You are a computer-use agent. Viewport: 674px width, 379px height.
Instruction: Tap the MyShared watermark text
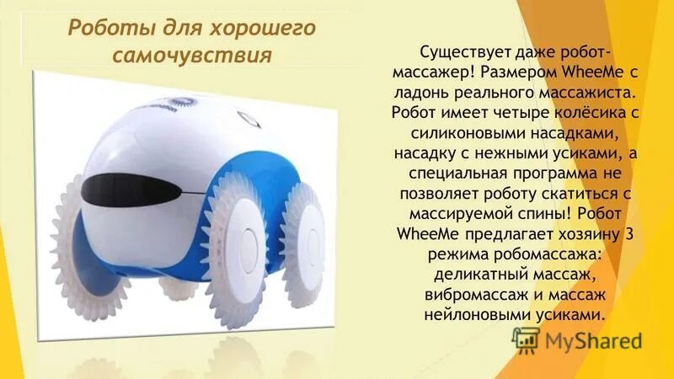pyautogui.click(x=593, y=342)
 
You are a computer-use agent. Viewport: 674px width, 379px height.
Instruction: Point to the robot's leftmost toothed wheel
pyautogui.click(x=80, y=236)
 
